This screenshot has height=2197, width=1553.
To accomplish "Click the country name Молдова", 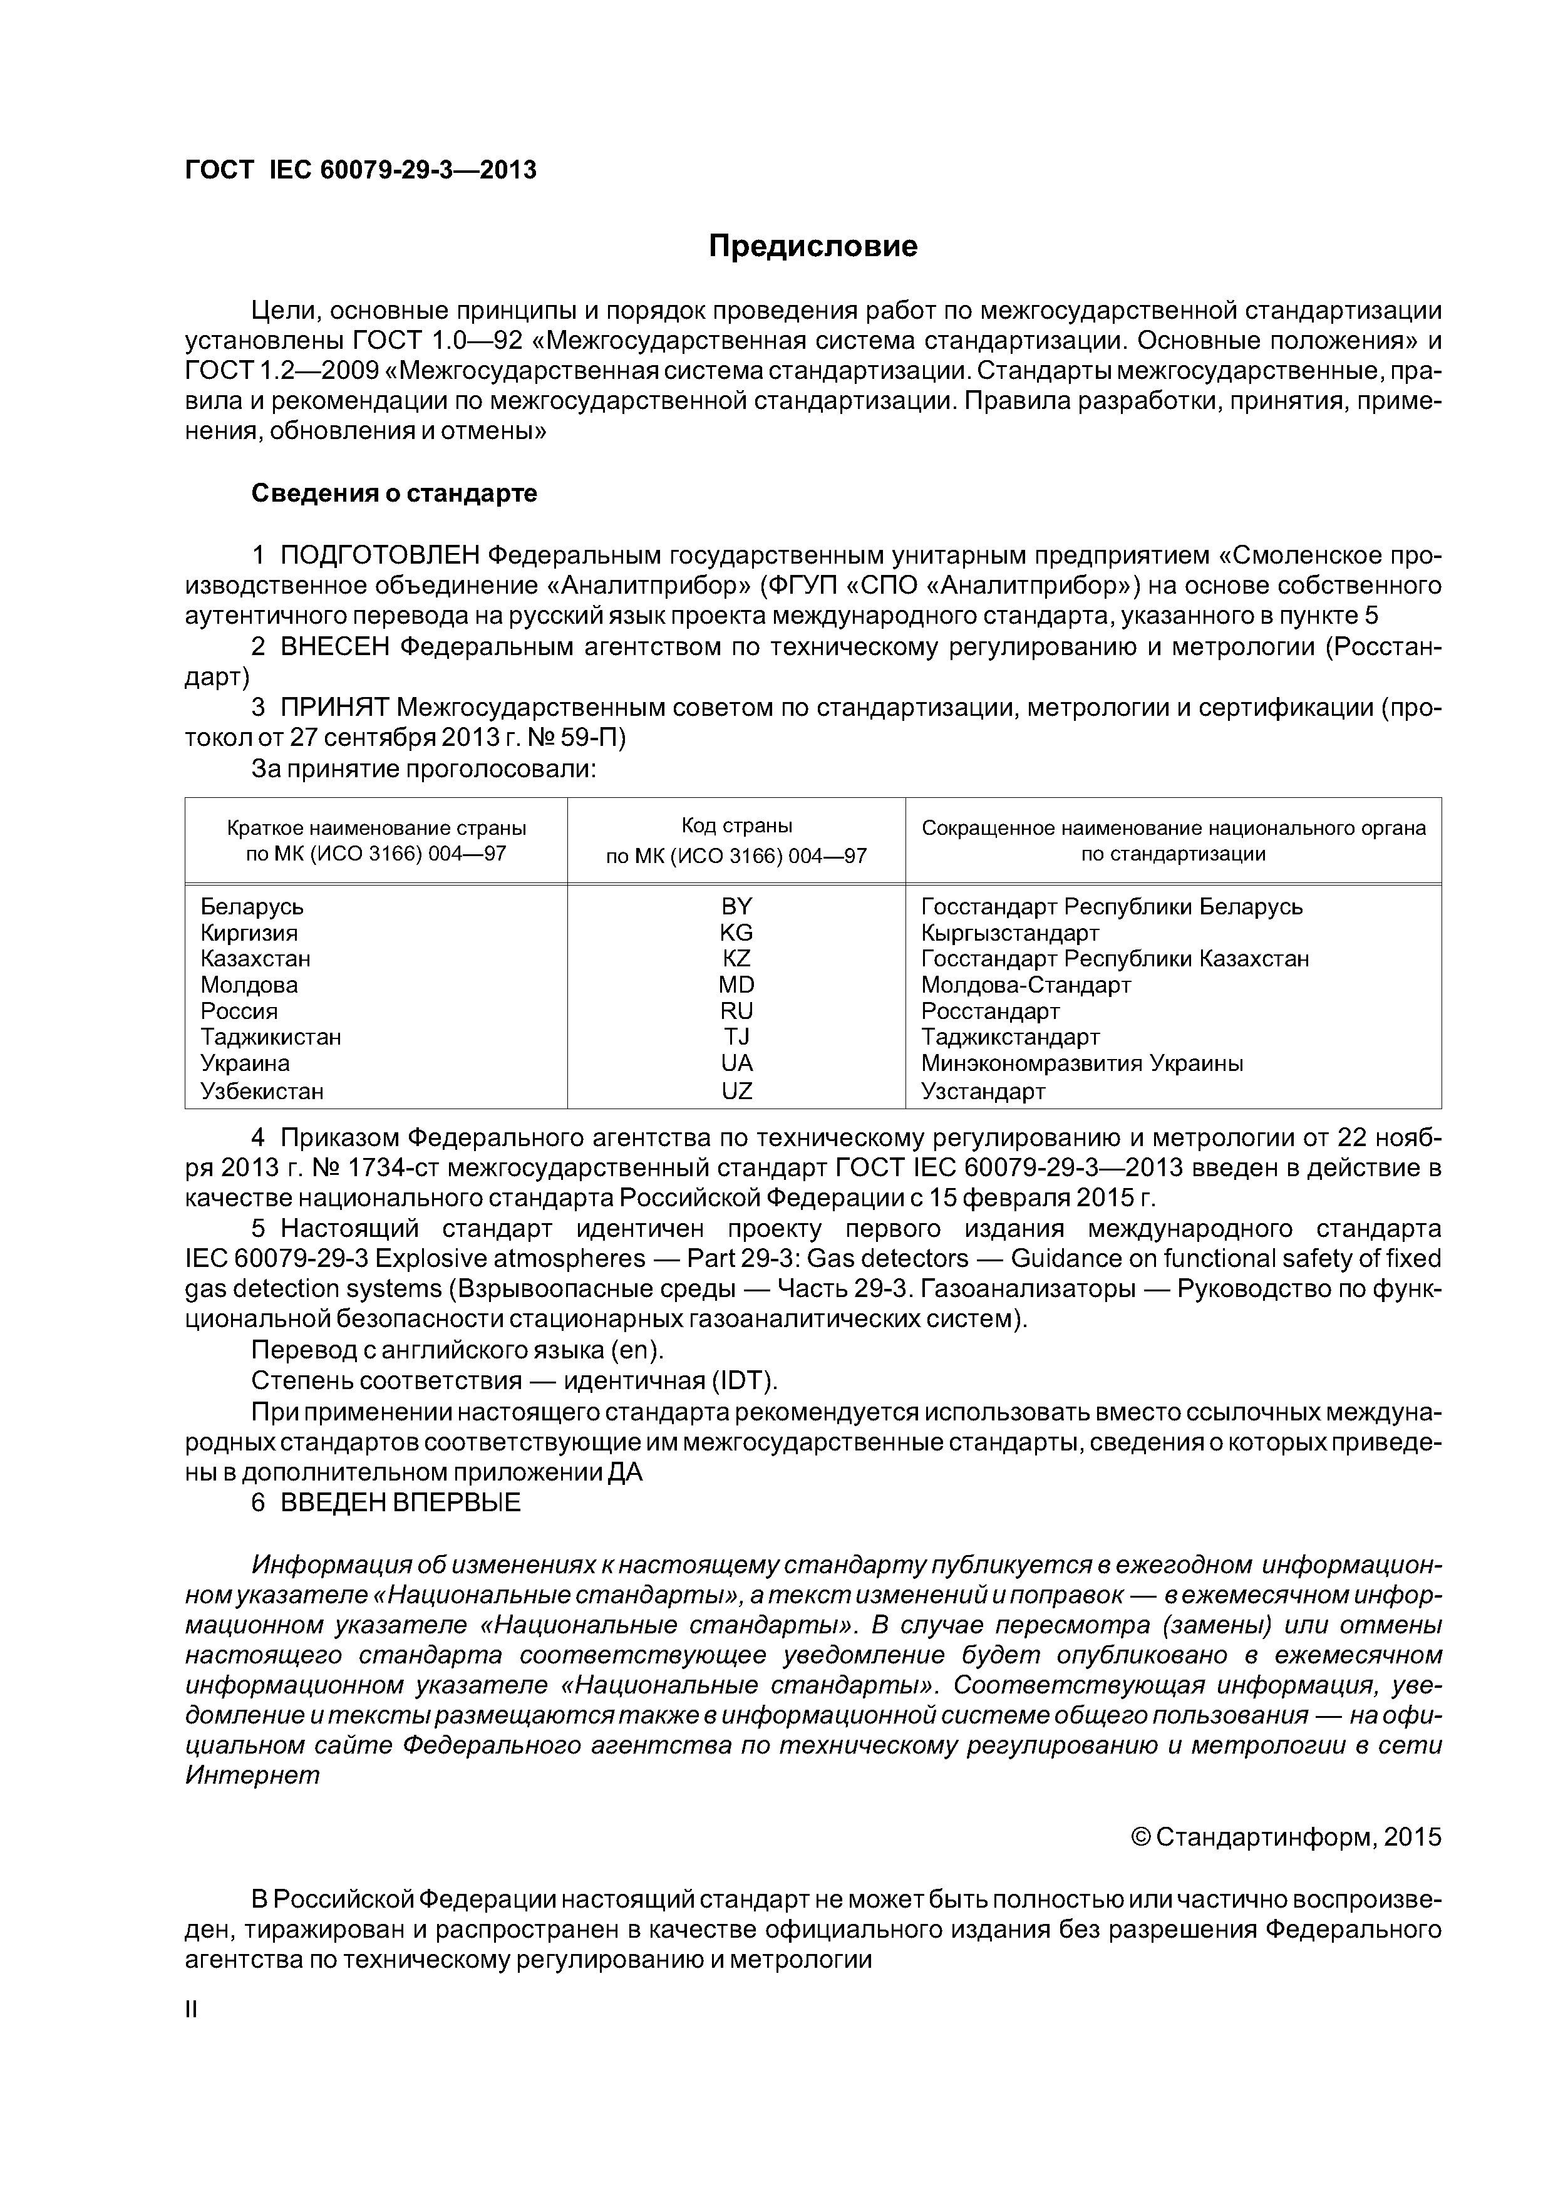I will tap(249, 985).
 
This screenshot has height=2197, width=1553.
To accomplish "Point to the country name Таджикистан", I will tap(271, 1037).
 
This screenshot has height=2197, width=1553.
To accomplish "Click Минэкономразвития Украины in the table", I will tap(1081, 1063).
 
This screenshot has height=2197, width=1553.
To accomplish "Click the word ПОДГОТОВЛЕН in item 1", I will tap(380, 555).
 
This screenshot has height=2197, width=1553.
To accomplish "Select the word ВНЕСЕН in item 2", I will tap(335, 647).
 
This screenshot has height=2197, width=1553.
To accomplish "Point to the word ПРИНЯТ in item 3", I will tap(334, 708).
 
